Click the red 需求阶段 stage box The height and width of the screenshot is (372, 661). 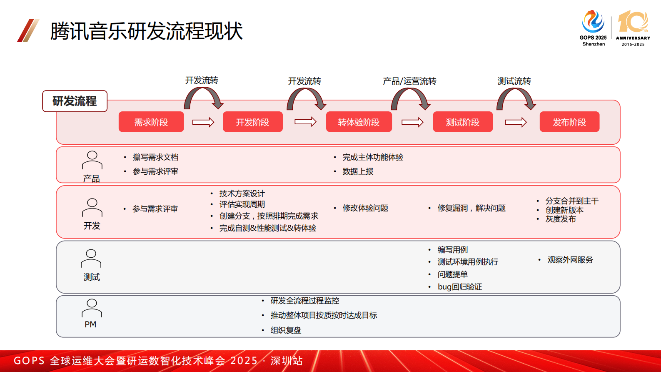[x=151, y=122]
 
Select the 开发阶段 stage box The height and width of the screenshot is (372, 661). [x=252, y=122]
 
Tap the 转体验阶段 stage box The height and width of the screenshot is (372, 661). [x=359, y=122]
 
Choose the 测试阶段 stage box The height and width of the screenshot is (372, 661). [x=462, y=122]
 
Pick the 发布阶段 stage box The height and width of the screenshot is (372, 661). [x=569, y=122]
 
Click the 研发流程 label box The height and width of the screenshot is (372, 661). [x=75, y=101]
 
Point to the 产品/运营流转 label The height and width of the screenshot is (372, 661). [x=409, y=81]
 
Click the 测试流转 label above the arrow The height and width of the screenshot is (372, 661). [x=514, y=81]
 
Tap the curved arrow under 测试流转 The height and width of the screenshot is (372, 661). [x=516, y=99]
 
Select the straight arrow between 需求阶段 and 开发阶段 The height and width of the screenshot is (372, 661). [x=203, y=122]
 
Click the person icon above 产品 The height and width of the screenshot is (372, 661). [x=92, y=160]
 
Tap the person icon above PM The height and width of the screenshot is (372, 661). [x=92, y=308]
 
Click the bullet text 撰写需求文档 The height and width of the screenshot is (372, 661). [x=155, y=157]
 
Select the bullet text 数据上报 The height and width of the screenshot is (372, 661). [x=358, y=171]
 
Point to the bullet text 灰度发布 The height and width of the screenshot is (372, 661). [x=561, y=219]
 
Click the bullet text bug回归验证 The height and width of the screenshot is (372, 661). [x=459, y=287]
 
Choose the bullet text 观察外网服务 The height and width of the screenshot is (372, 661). [x=570, y=260]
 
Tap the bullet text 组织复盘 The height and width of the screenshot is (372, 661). [x=286, y=330]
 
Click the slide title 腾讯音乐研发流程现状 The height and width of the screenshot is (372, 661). [x=146, y=31]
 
